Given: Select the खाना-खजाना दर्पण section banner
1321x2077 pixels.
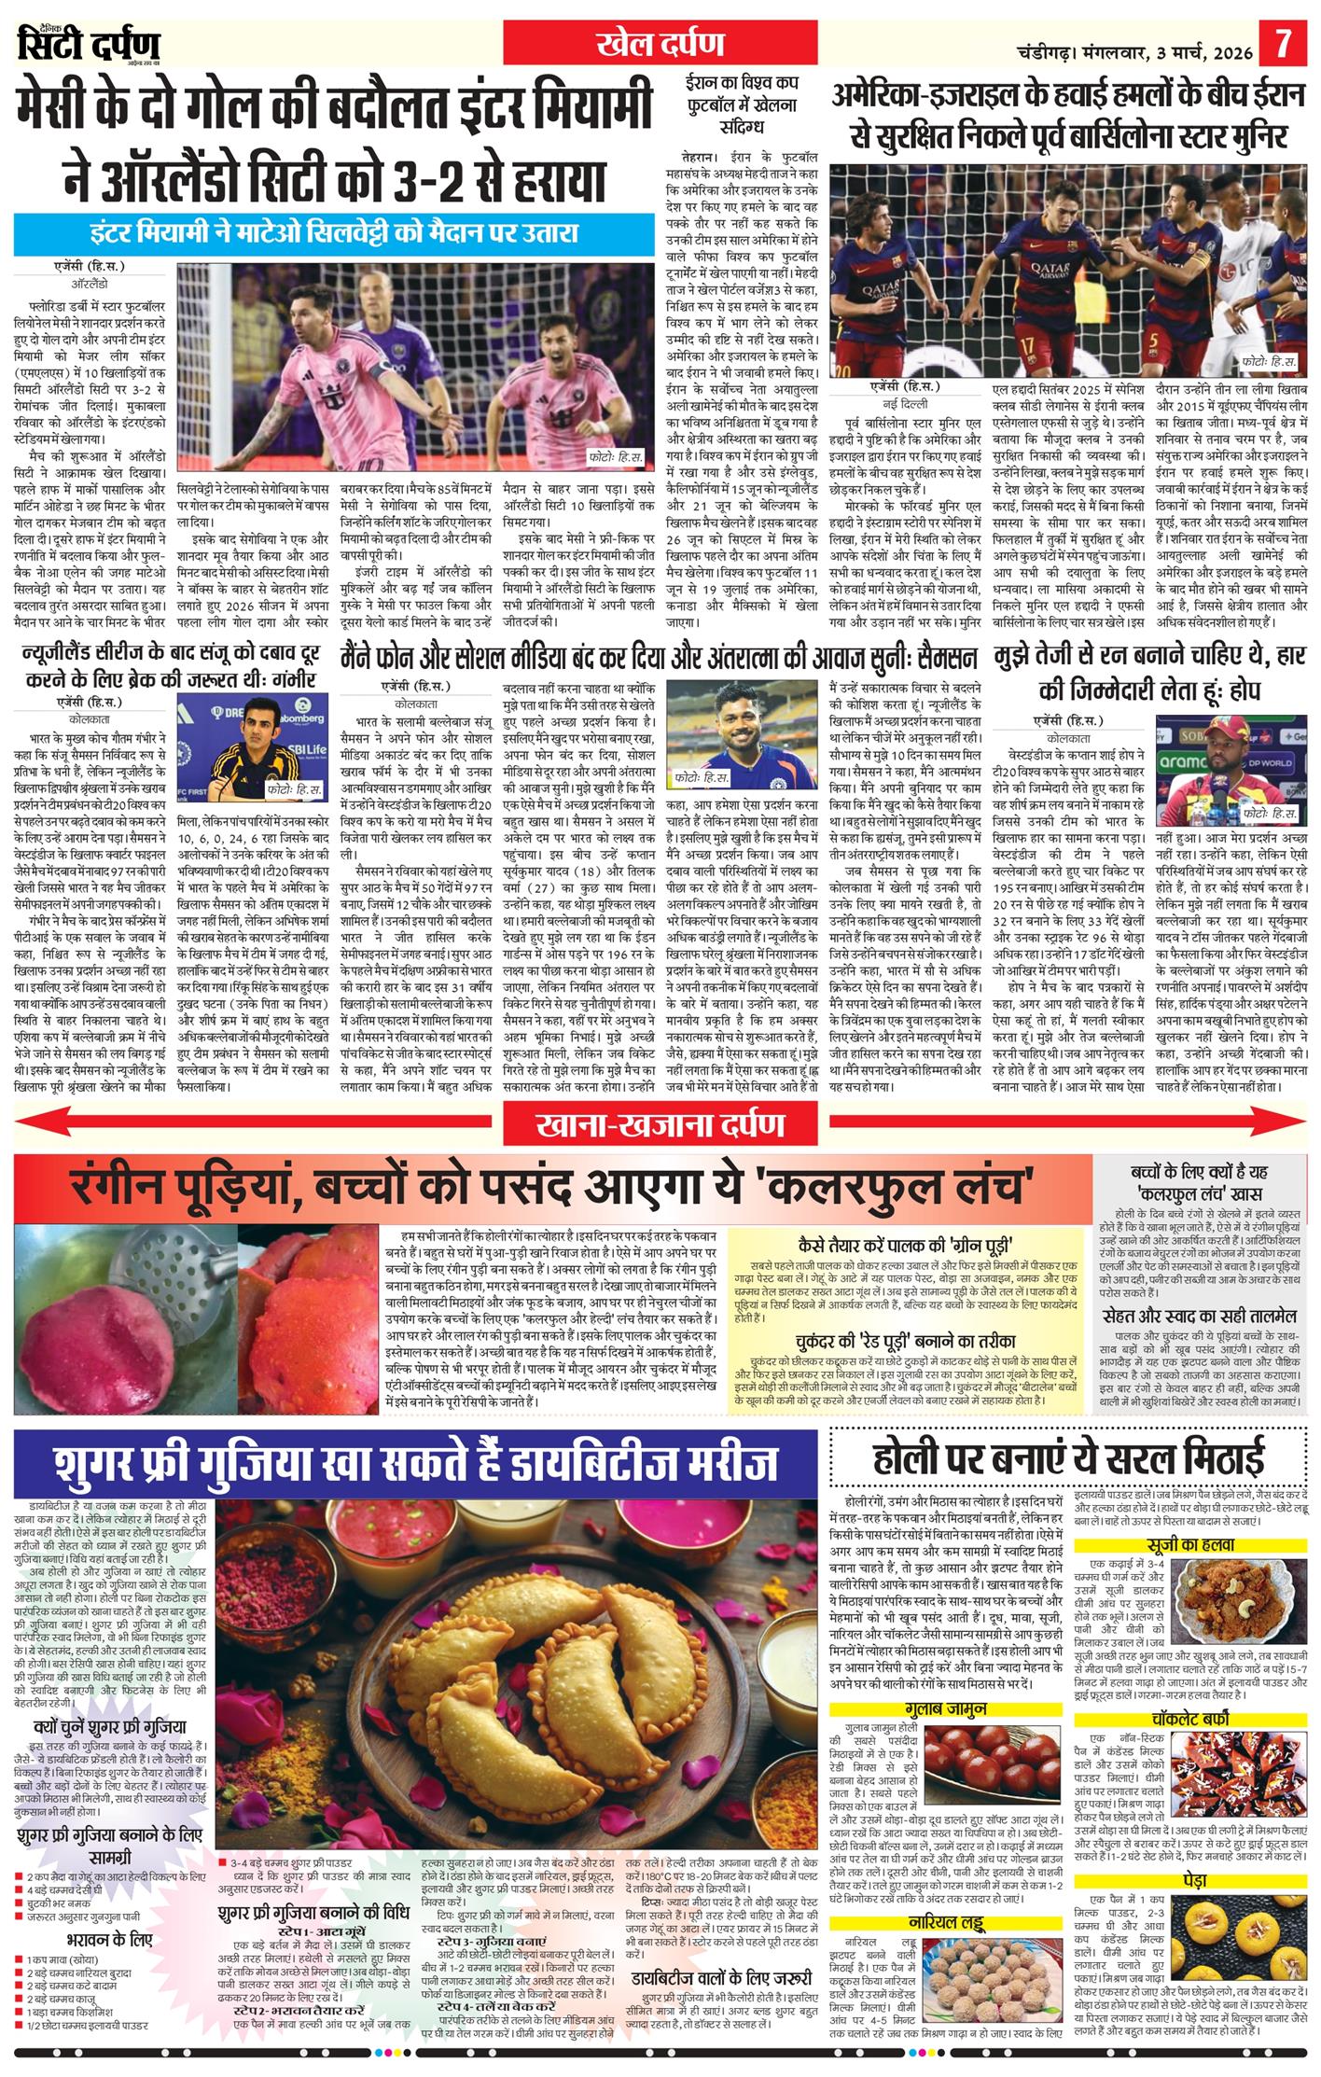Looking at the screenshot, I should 660,1123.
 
